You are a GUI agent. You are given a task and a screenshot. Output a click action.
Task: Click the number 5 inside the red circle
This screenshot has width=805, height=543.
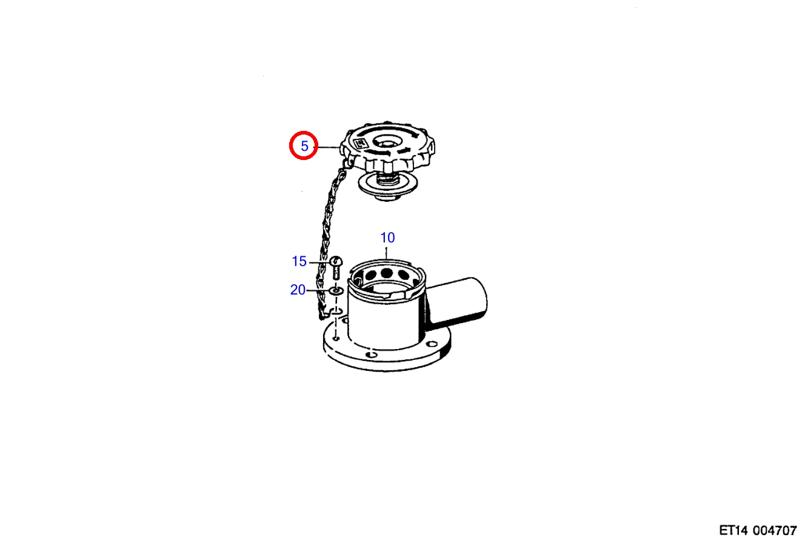pyautogui.click(x=304, y=146)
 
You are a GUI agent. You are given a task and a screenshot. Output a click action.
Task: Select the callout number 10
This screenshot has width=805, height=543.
pyautogui.click(x=387, y=238)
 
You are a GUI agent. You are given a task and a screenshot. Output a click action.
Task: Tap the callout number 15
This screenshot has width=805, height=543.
pyautogui.click(x=299, y=261)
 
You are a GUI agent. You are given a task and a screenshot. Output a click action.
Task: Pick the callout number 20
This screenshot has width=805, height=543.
pyautogui.click(x=298, y=290)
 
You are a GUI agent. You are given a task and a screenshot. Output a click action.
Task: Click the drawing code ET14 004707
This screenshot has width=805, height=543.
pyautogui.click(x=758, y=530)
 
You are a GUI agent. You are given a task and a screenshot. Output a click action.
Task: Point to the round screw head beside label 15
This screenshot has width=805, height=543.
pyautogui.click(x=336, y=261)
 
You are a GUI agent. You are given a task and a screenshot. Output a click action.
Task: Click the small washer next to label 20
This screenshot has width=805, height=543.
pyautogui.click(x=336, y=290)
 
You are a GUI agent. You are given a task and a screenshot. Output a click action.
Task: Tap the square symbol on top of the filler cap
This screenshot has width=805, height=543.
pyautogui.click(x=359, y=144)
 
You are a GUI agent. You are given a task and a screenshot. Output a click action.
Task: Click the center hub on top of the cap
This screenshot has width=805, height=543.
pyautogui.click(x=386, y=142)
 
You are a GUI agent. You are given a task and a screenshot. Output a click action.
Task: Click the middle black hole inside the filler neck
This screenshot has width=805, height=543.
pyautogui.click(x=386, y=273)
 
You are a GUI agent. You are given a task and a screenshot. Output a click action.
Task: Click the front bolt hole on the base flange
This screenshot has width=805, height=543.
pyautogui.click(x=371, y=355)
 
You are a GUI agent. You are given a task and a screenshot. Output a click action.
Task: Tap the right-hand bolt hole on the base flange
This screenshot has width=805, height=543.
pyautogui.click(x=431, y=344)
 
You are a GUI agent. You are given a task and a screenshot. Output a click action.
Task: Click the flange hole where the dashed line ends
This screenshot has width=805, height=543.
pyautogui.click(x=336, y=338)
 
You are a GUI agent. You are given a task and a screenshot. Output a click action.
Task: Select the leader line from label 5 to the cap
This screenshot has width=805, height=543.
pyautogui.click(x=328, y=147)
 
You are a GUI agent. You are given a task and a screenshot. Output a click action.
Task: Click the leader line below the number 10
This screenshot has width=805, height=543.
pyautogui.click(x=387, y=252)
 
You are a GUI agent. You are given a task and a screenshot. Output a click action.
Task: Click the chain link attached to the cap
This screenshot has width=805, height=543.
pyautogui.click(x=347, y=164)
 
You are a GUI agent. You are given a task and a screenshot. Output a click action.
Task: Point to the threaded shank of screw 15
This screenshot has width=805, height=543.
pyautogui.click(x=336, y=274)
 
